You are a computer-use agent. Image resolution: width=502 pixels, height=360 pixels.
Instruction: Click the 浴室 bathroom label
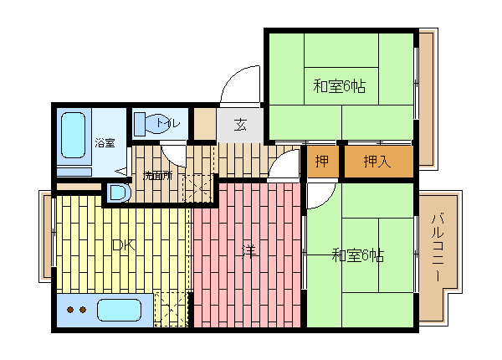[x=104, y=142]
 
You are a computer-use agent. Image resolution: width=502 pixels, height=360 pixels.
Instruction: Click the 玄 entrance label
[x=240, y=126]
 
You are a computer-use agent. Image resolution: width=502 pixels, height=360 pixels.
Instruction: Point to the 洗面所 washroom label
[x=156, y=176]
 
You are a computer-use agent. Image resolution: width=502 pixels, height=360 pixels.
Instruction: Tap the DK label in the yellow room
[x=123, y=246]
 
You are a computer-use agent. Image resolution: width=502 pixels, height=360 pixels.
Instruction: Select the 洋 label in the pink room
[x=248, y=250]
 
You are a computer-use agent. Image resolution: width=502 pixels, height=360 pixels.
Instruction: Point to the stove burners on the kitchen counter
[x=76, y=311]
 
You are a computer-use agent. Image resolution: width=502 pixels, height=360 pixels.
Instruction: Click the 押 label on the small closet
[x=321, y=162]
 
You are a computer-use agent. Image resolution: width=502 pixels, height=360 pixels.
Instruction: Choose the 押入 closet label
[x=377, y=162]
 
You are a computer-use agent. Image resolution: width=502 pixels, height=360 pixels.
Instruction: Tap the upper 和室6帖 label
[x=340, y=85]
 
